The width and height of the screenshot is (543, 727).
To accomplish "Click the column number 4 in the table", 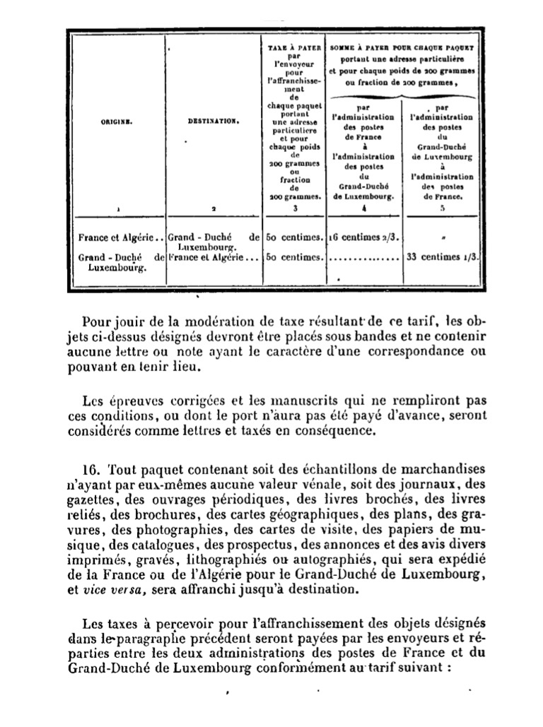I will [363, 209].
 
